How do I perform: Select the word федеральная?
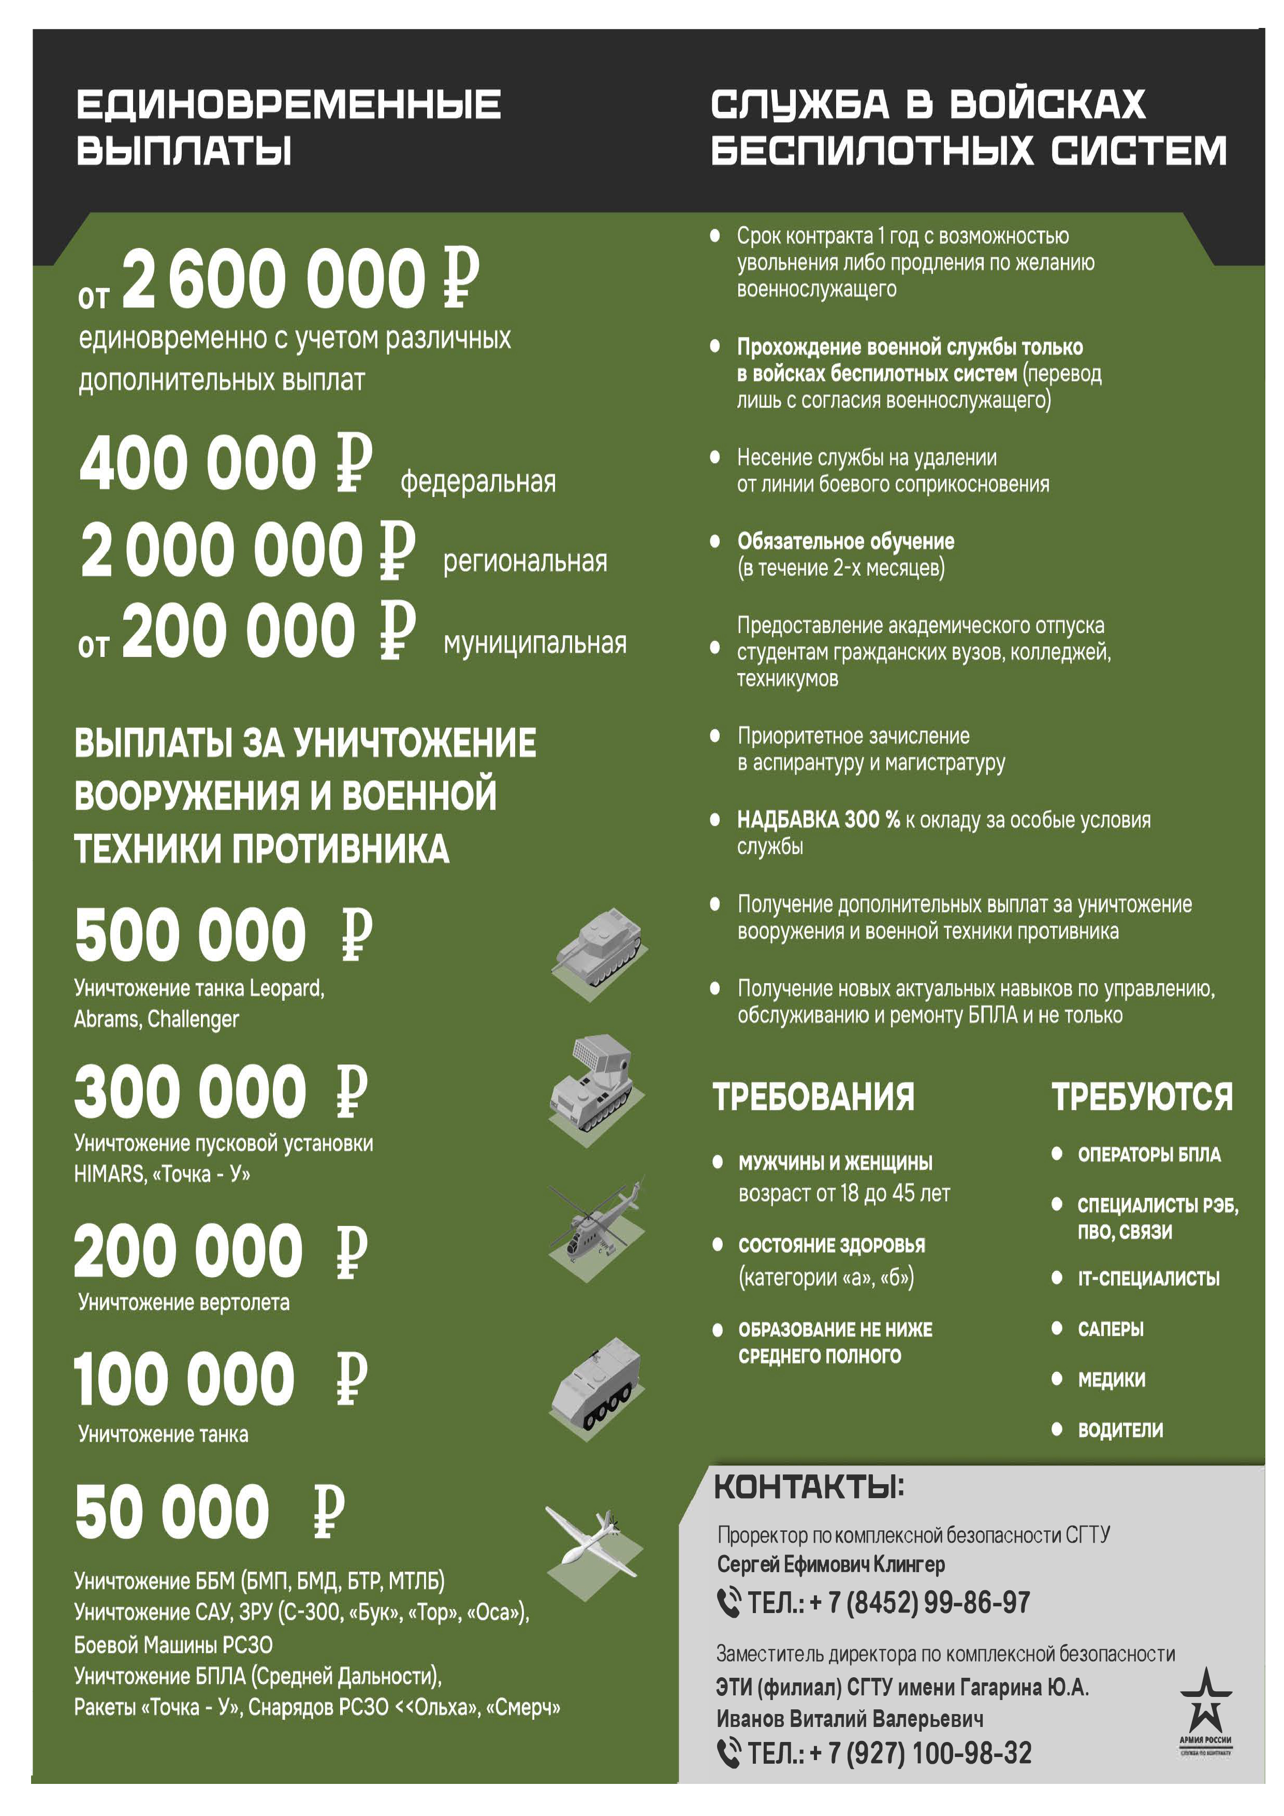(478, 481)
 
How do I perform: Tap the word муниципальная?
(535, 642)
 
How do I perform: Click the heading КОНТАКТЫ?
(809, 1487)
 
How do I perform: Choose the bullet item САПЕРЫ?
(1110, 1329)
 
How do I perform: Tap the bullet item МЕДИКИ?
(1111, 1380)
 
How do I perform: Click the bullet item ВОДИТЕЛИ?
(1119, 1430)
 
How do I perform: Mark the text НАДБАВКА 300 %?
(818, 819)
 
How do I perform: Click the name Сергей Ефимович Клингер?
(830, 1564)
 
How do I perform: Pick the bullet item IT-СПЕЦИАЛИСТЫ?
(1148, 1278)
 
